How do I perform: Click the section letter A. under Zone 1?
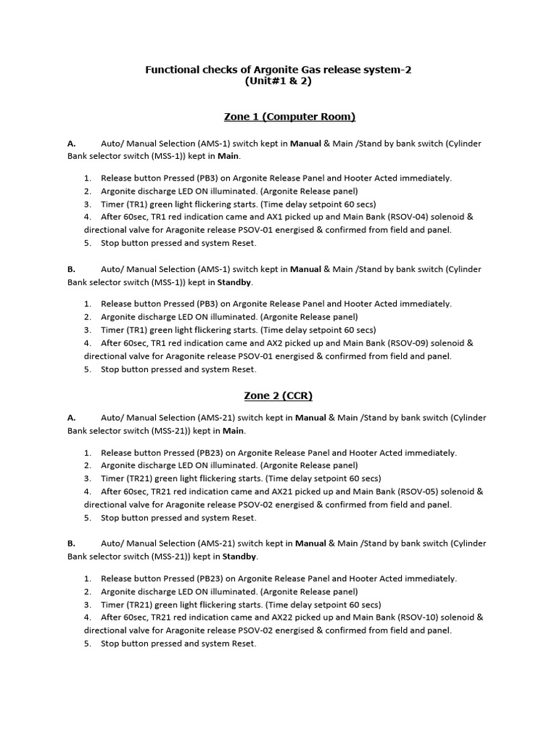pos(72,144)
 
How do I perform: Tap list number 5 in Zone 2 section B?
pos(87,644)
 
